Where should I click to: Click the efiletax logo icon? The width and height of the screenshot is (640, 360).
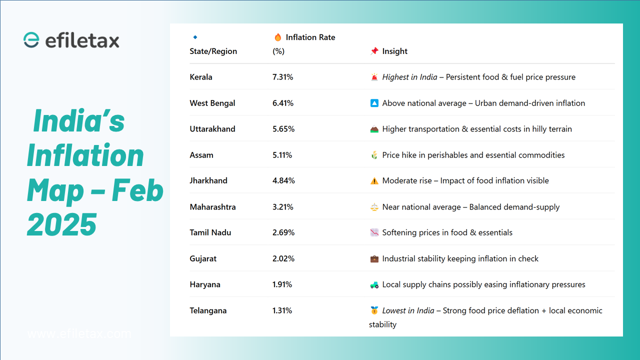coord(31,40)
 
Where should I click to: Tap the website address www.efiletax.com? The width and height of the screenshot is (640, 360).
coord(79,333)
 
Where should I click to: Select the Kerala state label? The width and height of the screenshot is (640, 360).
coord(201,77)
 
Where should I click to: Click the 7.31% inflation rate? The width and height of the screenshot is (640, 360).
coord(282,77)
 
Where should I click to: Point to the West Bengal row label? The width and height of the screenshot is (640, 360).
coord(212,103)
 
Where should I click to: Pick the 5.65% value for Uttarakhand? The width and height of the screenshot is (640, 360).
coord(283,129)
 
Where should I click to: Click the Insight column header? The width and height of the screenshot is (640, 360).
coord(394,51)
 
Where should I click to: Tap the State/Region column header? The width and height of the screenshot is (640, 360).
coord(213,51)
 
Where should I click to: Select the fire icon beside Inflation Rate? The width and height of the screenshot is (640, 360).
coord(278,37)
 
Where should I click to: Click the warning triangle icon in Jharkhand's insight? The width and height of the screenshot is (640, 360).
coord(374,181)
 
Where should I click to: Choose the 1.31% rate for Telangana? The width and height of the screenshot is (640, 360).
coord(282,310)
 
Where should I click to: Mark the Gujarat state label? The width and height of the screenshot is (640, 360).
coord(203,258)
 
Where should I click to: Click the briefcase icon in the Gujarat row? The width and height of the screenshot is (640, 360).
coord(374,259)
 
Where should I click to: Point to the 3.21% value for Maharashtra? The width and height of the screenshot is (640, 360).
coord(282,207)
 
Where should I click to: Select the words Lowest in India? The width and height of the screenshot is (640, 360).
coord(408,310)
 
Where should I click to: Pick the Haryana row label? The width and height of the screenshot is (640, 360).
coord(205,284)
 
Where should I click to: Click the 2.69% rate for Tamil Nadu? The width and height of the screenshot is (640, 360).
coord(283,232)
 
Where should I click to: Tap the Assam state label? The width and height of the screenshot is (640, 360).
coord(201,155)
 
